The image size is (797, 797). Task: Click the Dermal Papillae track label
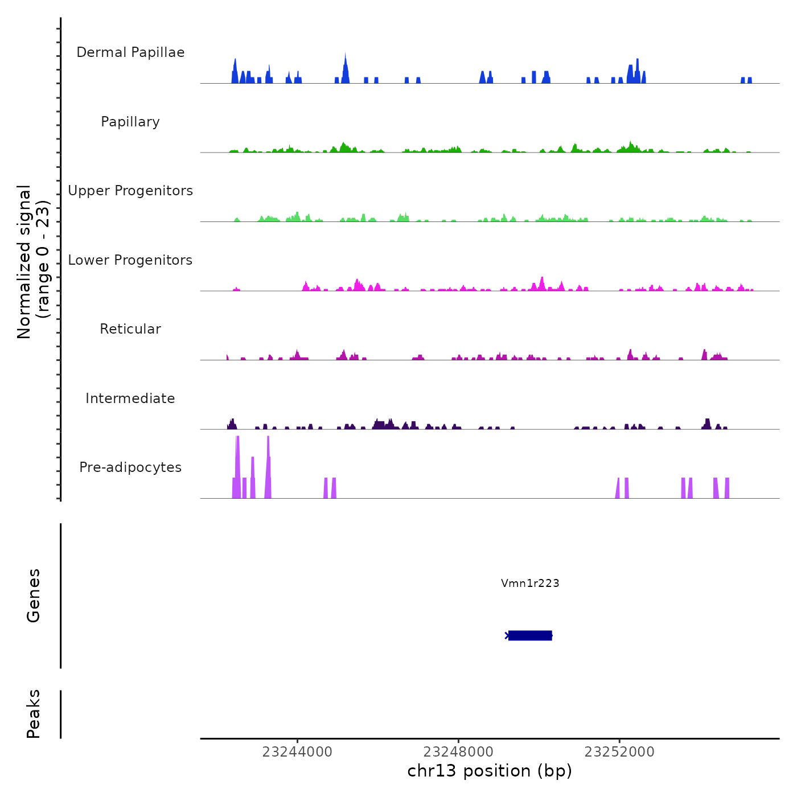tap(130, 52)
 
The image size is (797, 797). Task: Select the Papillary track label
tap(130, 122)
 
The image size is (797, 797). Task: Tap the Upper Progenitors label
tap(130, 191)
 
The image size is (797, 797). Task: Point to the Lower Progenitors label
tap(130, 260)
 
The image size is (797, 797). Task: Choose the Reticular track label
tap(130, 329)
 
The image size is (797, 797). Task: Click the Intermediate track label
tap(130, 398)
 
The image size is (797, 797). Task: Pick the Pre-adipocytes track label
tap(130, 467)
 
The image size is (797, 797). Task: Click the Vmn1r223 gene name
tap(530, 583)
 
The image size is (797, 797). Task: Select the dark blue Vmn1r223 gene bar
tap(530, 635)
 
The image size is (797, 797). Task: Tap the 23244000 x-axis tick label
tap(297, 751)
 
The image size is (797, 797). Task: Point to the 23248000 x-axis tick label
tap(458, 751)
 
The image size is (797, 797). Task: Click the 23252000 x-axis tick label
tap(619, 751)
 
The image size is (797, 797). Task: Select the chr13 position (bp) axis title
tap(490, 771)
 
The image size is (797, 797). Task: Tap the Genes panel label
tap(33, 595)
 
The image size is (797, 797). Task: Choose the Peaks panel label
tap(33, 714)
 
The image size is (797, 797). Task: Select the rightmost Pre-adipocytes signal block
tap(727, 488)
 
